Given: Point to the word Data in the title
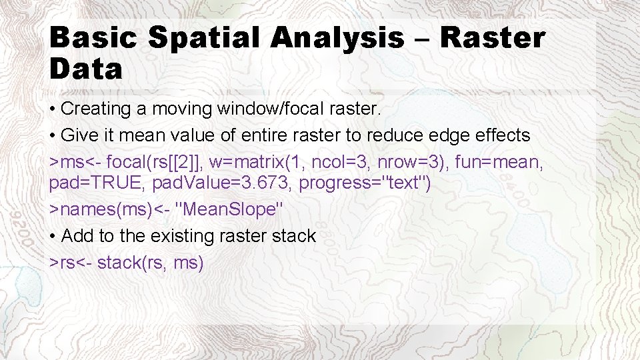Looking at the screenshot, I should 86,69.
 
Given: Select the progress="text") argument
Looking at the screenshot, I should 365,183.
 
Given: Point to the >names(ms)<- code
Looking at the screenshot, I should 109,209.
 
